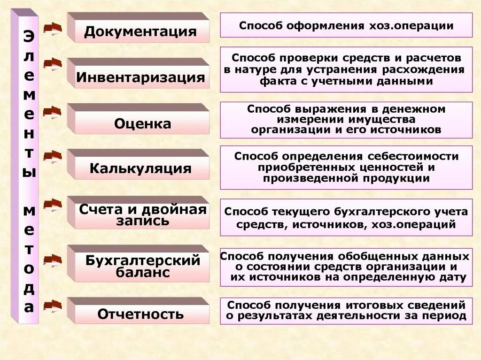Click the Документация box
(140, 31)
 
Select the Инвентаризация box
(140, 77)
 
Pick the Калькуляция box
(140, 169)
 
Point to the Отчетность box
(140, 314)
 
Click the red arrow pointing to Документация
(53, 29)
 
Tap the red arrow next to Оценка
(53, 113)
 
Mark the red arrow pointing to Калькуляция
(53, 157)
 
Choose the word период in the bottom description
(446, 316)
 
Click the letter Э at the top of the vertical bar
(29, 35)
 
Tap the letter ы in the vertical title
(29, 172)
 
